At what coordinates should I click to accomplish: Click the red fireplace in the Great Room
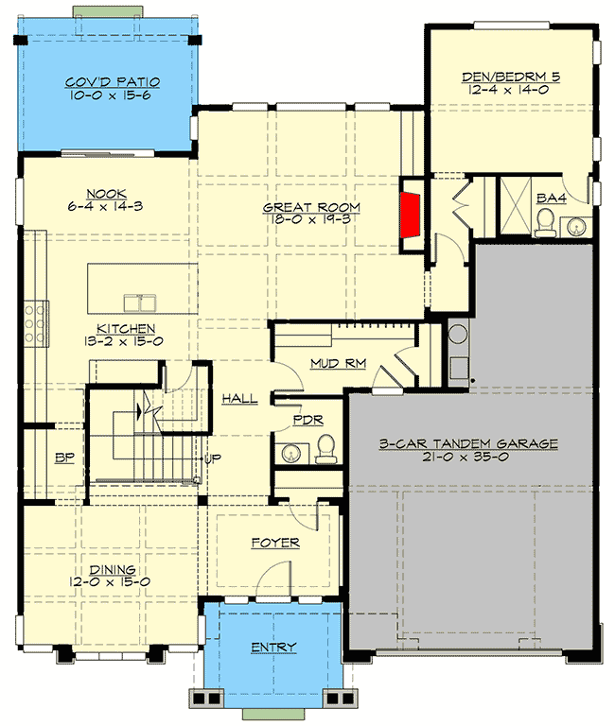(x=411, y=215)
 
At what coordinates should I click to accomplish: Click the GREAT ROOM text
(x=304, y=207)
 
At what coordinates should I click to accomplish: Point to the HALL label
(x=239, y=399)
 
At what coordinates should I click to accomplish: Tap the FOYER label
(x=275, y=543)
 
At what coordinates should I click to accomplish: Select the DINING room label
(x=113, y=571)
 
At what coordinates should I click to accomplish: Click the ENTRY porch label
(x=273, y=648)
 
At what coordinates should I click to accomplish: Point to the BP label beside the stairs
(x=64, y=458)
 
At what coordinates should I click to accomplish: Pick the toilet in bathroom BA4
(x=545, y=223)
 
